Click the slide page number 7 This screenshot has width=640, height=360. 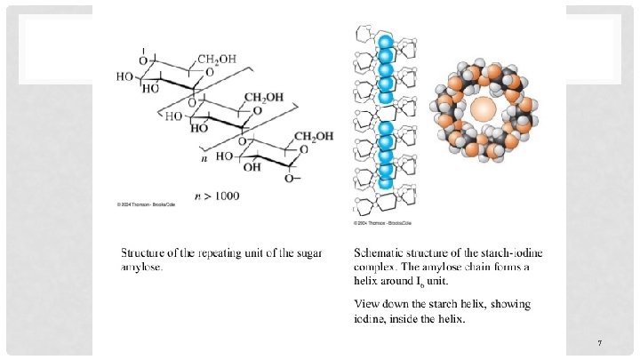click(601, 342)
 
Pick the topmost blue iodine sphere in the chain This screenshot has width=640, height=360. click(385, 42)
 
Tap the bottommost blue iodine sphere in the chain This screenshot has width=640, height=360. click(385, 184)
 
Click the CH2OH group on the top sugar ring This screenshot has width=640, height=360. click(218, 59)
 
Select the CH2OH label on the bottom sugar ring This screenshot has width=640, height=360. click(313, 136)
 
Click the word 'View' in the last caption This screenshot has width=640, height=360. click(369, 304)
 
